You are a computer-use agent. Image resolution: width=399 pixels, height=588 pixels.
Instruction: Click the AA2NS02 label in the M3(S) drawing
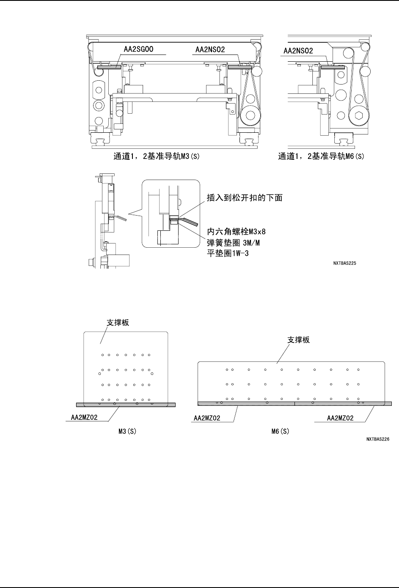pyautogui.click(x=210, y=50)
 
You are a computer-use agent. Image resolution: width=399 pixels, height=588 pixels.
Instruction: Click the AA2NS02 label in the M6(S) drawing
pyautogui.click(x=297, y=51)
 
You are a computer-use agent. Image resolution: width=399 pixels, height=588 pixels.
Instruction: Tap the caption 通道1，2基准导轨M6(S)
pyautogui.click(x=321, y=156)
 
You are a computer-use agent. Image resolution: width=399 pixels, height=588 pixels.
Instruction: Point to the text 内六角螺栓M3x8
pyautogui.click(x=236, y=231)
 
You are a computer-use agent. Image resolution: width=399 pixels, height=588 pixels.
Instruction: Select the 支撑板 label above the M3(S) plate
pyautogui.click(x=117, y=322)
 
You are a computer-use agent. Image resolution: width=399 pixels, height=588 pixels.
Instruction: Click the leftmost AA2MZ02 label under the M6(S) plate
pyautogui.click(x=208, y=418)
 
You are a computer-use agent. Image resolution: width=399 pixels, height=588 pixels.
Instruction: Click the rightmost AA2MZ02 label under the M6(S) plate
pyautogui.click(x=340, y=418)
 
